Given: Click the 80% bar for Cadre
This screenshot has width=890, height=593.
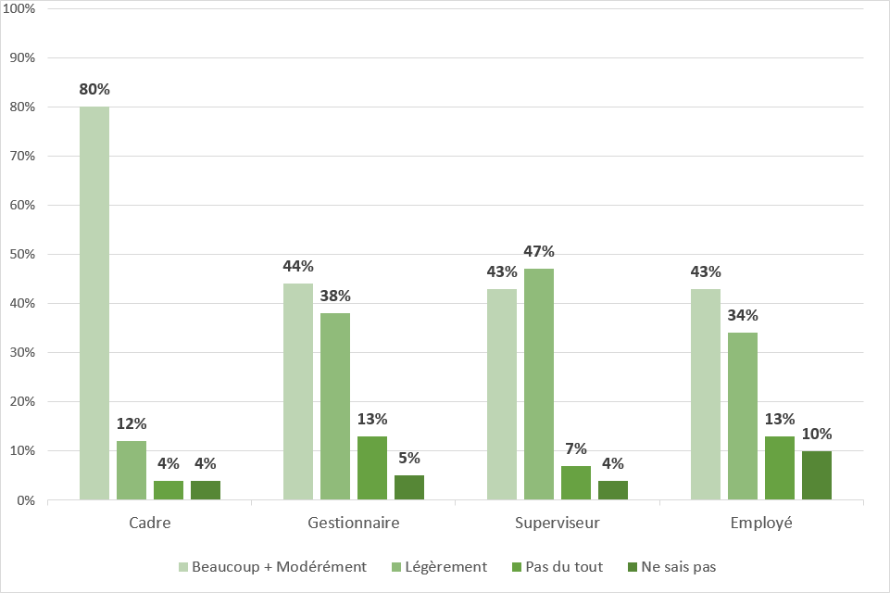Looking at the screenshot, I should point(94,304).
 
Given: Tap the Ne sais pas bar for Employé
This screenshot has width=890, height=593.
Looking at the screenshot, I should point(817,475).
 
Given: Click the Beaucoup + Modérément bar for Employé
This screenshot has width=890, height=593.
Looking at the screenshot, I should point(706,395).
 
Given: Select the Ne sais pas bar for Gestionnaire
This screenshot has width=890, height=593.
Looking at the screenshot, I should point(409,487).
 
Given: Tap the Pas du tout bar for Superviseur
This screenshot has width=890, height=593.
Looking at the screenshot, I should point(576,483).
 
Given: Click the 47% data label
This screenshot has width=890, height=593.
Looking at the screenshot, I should point(539,251).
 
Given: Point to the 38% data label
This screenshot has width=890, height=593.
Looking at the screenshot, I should point(335,296).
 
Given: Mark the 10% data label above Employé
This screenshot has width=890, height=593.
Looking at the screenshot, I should point(817,434).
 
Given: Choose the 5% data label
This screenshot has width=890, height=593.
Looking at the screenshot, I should point(409,458).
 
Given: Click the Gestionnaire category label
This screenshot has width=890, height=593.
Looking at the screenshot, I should point(354,524).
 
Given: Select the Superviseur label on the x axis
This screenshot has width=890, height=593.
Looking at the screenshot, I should point(558,524).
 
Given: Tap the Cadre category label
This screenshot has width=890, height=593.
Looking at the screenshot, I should point(150,524).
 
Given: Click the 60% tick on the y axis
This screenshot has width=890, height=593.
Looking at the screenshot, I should point(21,205).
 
